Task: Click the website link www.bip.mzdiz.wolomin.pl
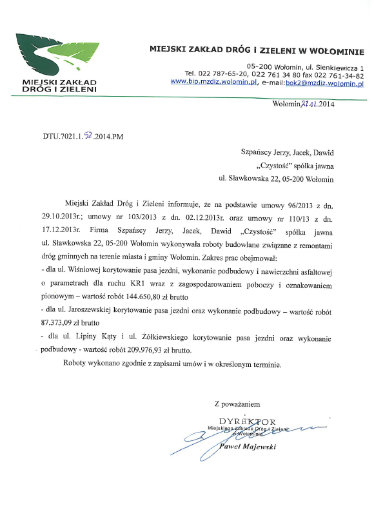click(x=214, y=83)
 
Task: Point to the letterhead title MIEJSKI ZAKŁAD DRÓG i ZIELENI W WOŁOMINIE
click(x=257, y=49)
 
